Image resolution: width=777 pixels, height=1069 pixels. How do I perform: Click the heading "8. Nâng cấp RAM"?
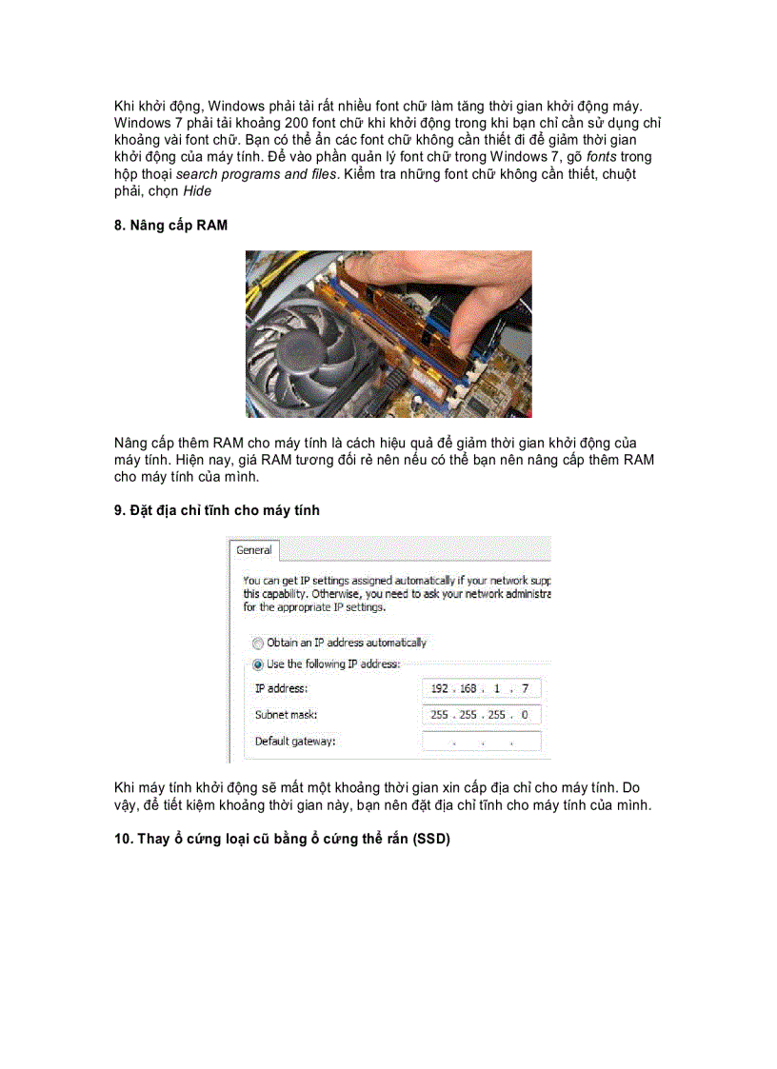click(170, 225)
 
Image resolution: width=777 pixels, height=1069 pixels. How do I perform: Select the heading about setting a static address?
click(217, 510)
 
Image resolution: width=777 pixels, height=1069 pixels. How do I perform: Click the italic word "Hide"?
click(197, 190)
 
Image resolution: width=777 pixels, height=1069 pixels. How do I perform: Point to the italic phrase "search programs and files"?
click(257, 174)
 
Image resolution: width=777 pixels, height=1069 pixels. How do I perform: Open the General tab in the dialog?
click(254, 550)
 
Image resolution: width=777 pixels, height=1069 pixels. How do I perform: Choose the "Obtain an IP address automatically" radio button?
click(258, 643)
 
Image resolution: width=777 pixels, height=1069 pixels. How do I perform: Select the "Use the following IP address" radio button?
click(258, 663)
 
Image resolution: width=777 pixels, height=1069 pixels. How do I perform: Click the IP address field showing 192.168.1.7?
click(481, 688)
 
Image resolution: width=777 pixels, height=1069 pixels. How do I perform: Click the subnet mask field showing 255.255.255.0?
click(481, 714)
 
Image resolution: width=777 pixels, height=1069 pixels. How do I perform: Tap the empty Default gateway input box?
click(481, 741)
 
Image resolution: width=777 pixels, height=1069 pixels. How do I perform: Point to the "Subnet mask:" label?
click(286, 714)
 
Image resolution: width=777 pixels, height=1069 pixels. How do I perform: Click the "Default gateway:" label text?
click(295, 741)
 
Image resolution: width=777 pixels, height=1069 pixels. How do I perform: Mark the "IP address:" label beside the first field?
click(282, 688)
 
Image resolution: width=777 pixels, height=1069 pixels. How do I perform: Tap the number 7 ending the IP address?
click(525, 688)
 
